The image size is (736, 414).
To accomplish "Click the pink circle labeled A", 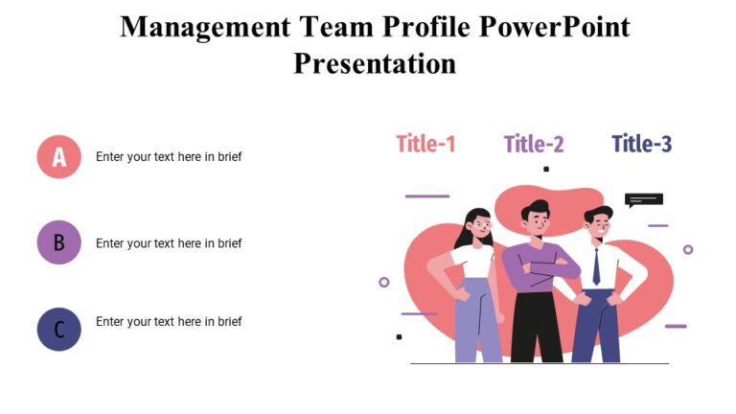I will coord(58,156).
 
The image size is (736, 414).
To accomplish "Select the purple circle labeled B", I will coord(58,242).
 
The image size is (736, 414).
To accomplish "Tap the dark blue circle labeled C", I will coord(58,329).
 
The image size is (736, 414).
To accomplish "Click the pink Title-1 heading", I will coord(425,144).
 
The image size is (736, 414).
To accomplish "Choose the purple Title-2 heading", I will coord(534,144).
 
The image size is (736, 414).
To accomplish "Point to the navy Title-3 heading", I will coord(641,144).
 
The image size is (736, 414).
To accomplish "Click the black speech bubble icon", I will coord(643,200).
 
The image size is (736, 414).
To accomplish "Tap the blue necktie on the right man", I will coord(596,265).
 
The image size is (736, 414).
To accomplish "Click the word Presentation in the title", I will coord(375,63).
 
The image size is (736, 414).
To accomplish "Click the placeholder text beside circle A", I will coord(169,157).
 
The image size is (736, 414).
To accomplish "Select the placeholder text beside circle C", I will coord(169,322).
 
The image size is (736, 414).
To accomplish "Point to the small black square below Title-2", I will coord(546,169).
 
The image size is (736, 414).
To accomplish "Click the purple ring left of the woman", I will coord(384,282).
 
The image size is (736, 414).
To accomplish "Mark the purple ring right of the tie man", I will coord(688,249).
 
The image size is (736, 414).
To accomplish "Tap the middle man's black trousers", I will coord(537,326).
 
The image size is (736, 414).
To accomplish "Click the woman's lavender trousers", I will coord(476,326).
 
